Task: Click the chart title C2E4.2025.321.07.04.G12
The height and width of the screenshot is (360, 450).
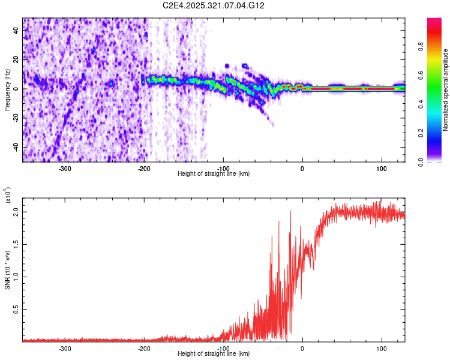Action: coord(214,5)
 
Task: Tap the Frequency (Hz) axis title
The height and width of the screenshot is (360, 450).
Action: coord(7,89)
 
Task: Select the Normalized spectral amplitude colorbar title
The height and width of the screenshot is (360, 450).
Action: coord(446,90)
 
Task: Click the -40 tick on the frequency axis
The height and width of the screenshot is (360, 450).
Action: coord(15,147)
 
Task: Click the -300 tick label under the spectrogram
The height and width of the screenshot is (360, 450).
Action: coord(65,168)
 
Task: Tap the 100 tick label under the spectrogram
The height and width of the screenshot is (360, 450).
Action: coord(382,168)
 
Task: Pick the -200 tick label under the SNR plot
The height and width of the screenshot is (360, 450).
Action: coord(144,348)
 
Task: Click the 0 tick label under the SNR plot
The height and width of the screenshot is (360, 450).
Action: coord(302,348)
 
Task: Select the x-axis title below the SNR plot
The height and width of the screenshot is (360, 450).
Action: coord(214,354)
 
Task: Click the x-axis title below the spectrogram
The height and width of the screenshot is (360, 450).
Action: coord(214,173)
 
